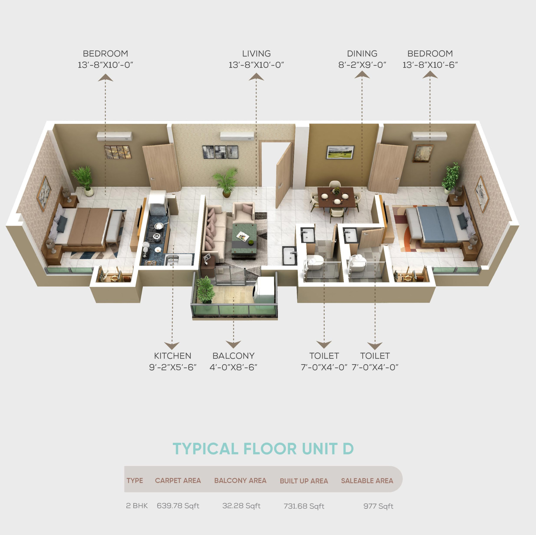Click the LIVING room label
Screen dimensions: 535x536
[256, 54]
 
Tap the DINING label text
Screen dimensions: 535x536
[362, 54]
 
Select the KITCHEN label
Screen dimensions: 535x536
[172, 356]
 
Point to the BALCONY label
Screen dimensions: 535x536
[233, 356]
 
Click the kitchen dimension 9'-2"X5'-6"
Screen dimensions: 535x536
[173, 367]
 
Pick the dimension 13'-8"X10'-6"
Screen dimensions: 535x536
[430, 65]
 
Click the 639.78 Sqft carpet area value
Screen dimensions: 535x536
[178, 506]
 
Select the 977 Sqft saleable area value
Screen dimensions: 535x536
[378, 506]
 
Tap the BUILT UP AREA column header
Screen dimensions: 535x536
[304, 481]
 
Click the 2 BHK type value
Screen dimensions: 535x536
[137, 506]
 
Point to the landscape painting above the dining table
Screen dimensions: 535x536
[340, 152]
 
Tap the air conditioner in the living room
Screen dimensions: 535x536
[237, 136]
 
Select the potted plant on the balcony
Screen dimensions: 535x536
[205, 290]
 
